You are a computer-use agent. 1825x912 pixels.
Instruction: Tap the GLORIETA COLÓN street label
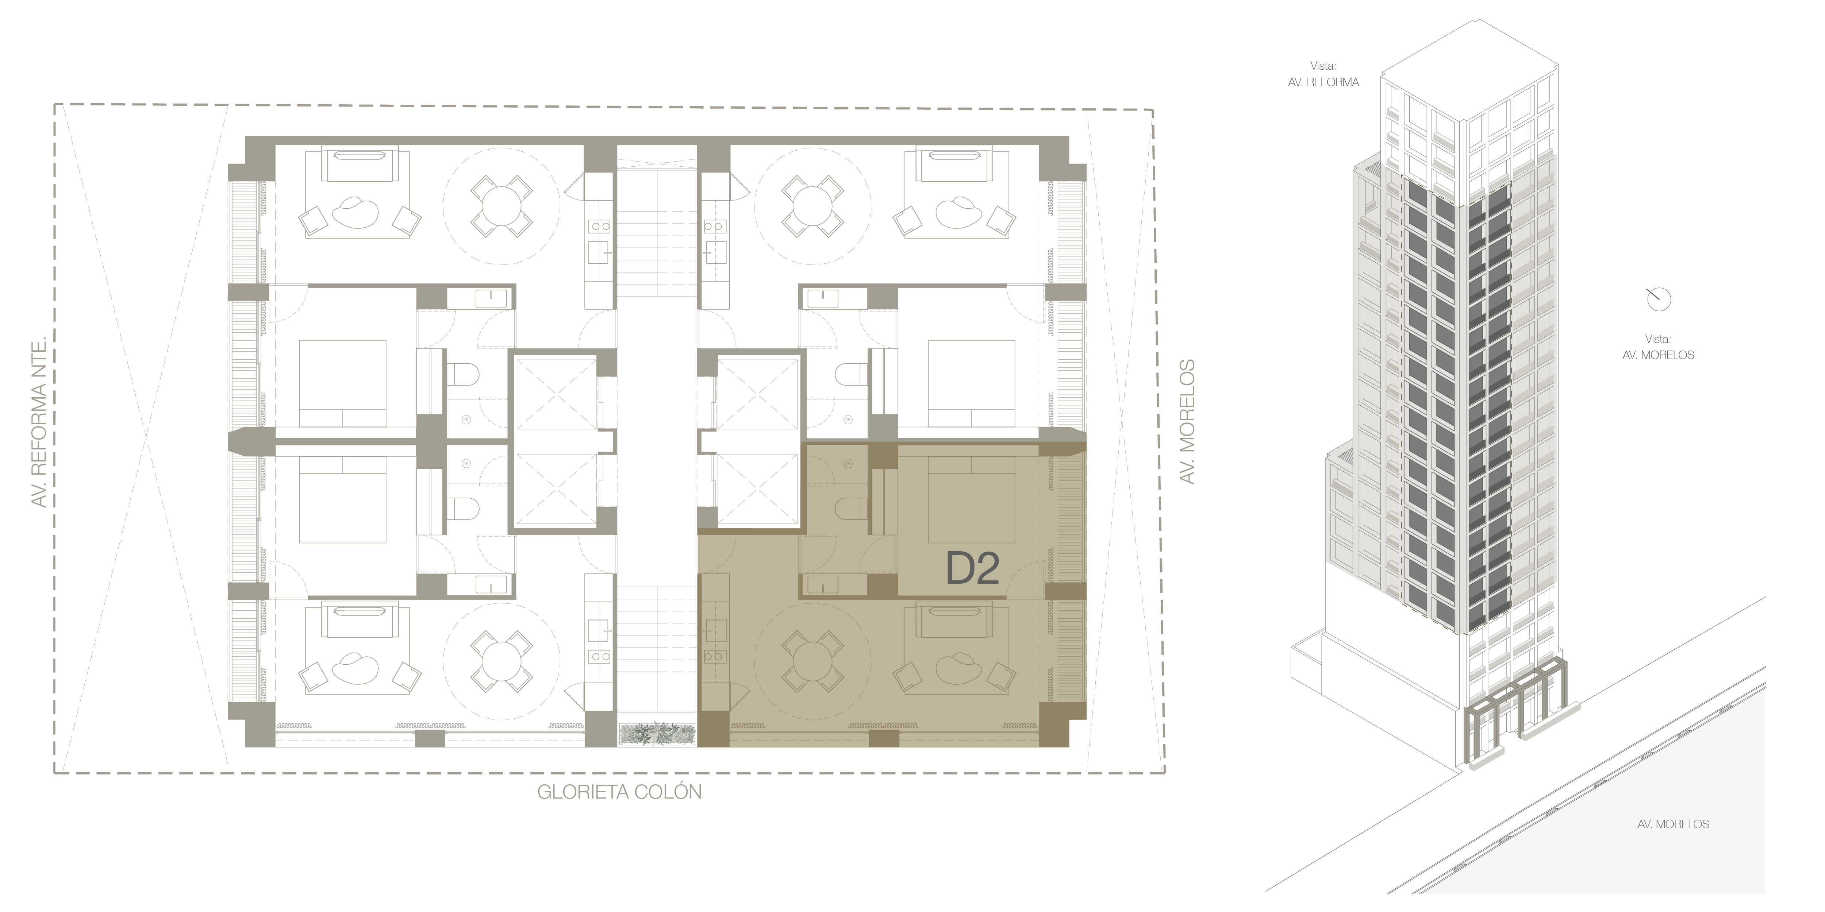(619, 792)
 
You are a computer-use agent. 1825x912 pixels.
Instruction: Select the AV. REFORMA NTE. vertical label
(40, 422)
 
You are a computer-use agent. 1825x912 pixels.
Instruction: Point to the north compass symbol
(1659, 300)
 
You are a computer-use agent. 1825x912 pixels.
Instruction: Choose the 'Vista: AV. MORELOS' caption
(1659, 347)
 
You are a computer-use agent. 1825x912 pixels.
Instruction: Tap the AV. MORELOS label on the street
(1674, 824)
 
